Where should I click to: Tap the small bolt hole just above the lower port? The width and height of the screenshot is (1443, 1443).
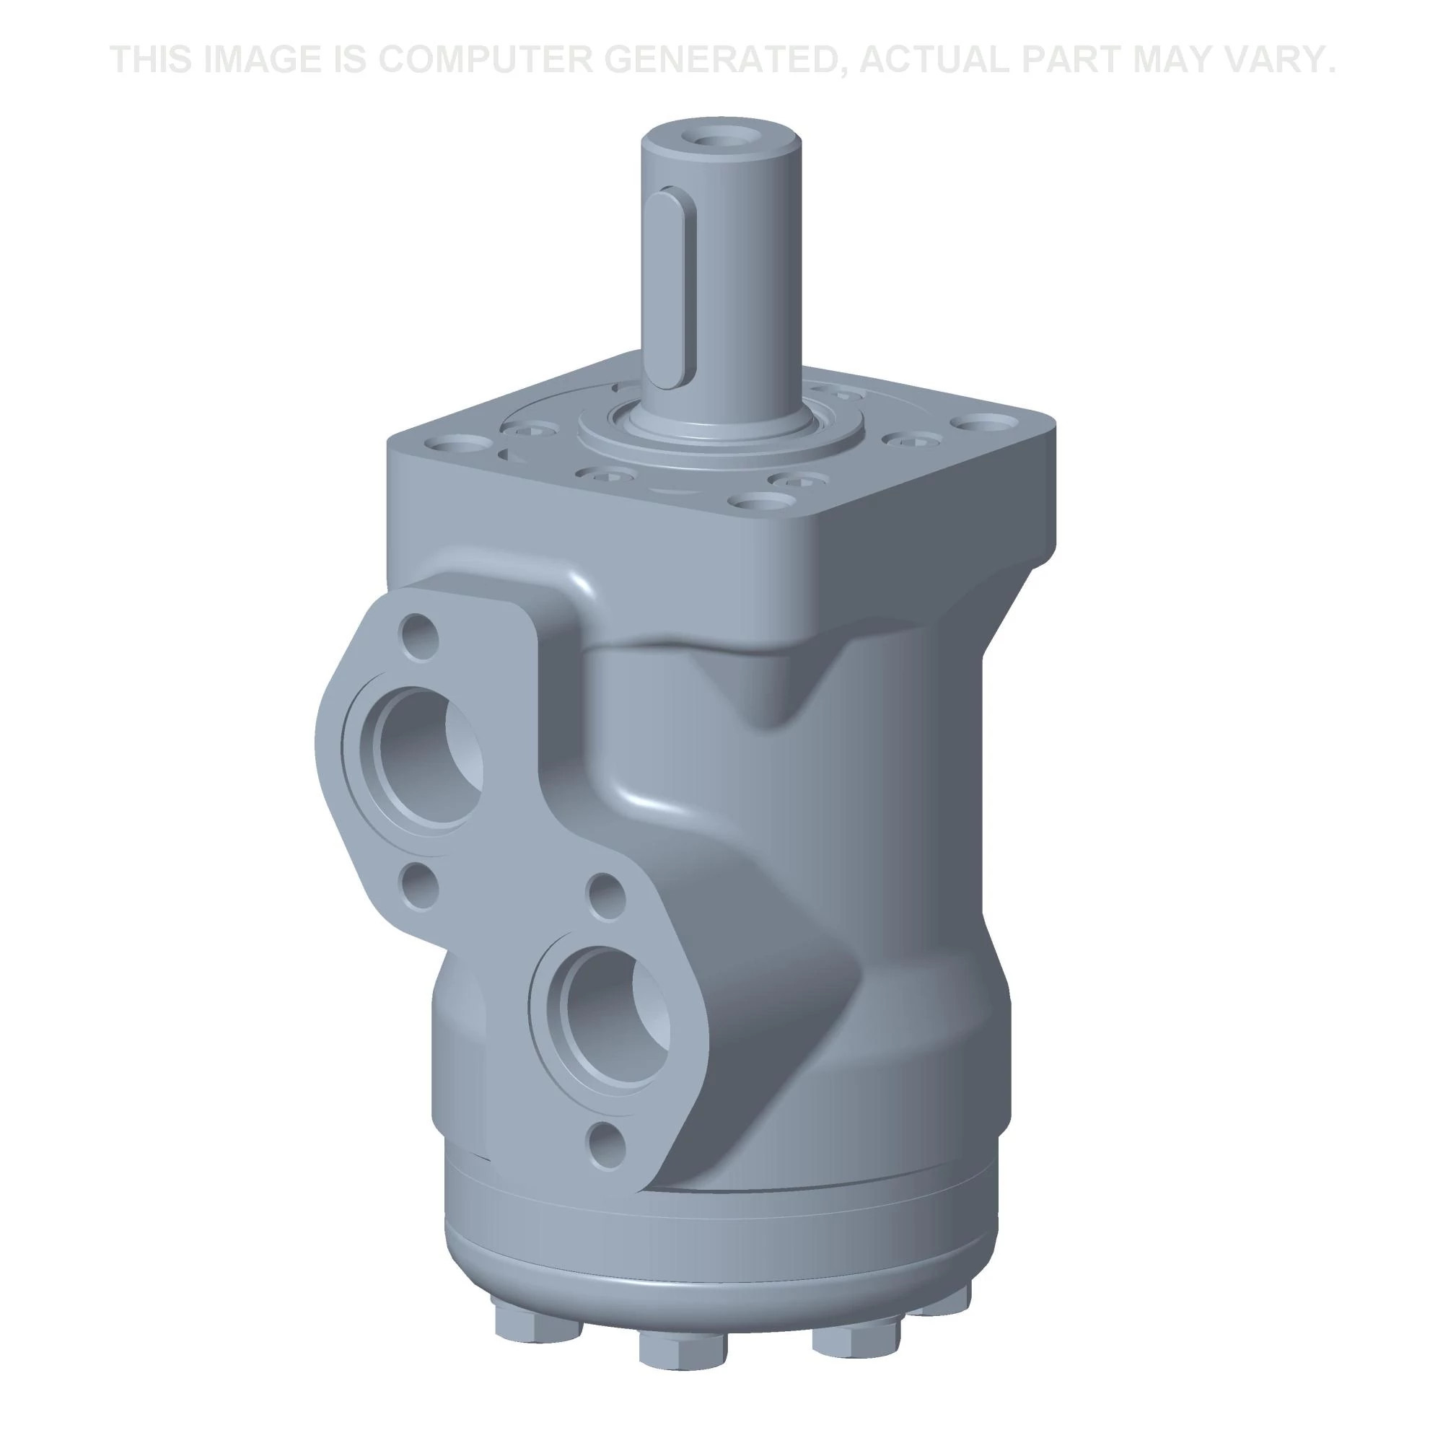[607, 896]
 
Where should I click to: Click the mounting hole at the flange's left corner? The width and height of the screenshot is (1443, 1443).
[460, 447]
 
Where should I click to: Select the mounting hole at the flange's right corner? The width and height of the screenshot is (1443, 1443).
[983, 426]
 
